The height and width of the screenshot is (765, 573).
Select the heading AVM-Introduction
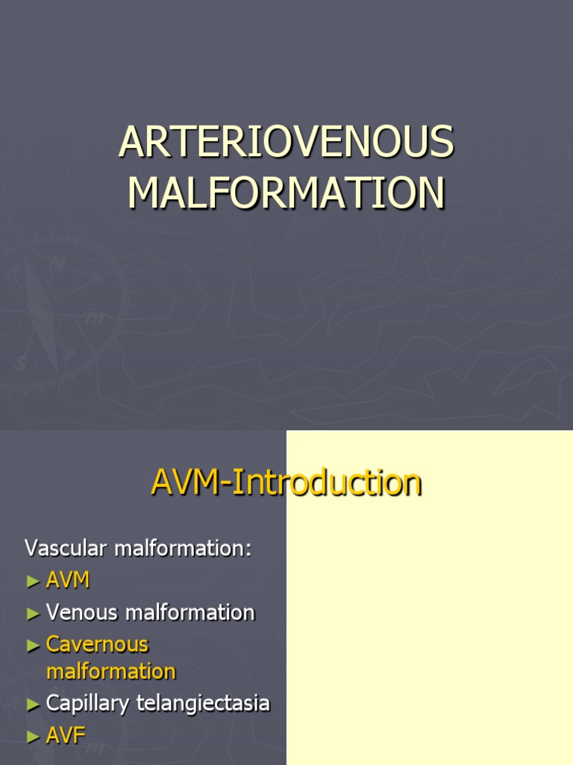pos(286,482)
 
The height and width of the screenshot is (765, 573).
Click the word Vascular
pos(66,548)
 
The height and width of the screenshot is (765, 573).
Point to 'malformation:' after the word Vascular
pos(184,548)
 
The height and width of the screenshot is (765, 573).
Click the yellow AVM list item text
pos(68,580)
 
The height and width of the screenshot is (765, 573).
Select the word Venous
pos(82,613)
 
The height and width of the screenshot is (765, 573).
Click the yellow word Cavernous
pos(97,644)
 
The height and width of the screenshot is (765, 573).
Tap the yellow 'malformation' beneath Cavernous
pos(110,671)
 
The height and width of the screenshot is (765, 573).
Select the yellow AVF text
pos(66,735)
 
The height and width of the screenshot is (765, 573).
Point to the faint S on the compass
pos(20,364)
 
